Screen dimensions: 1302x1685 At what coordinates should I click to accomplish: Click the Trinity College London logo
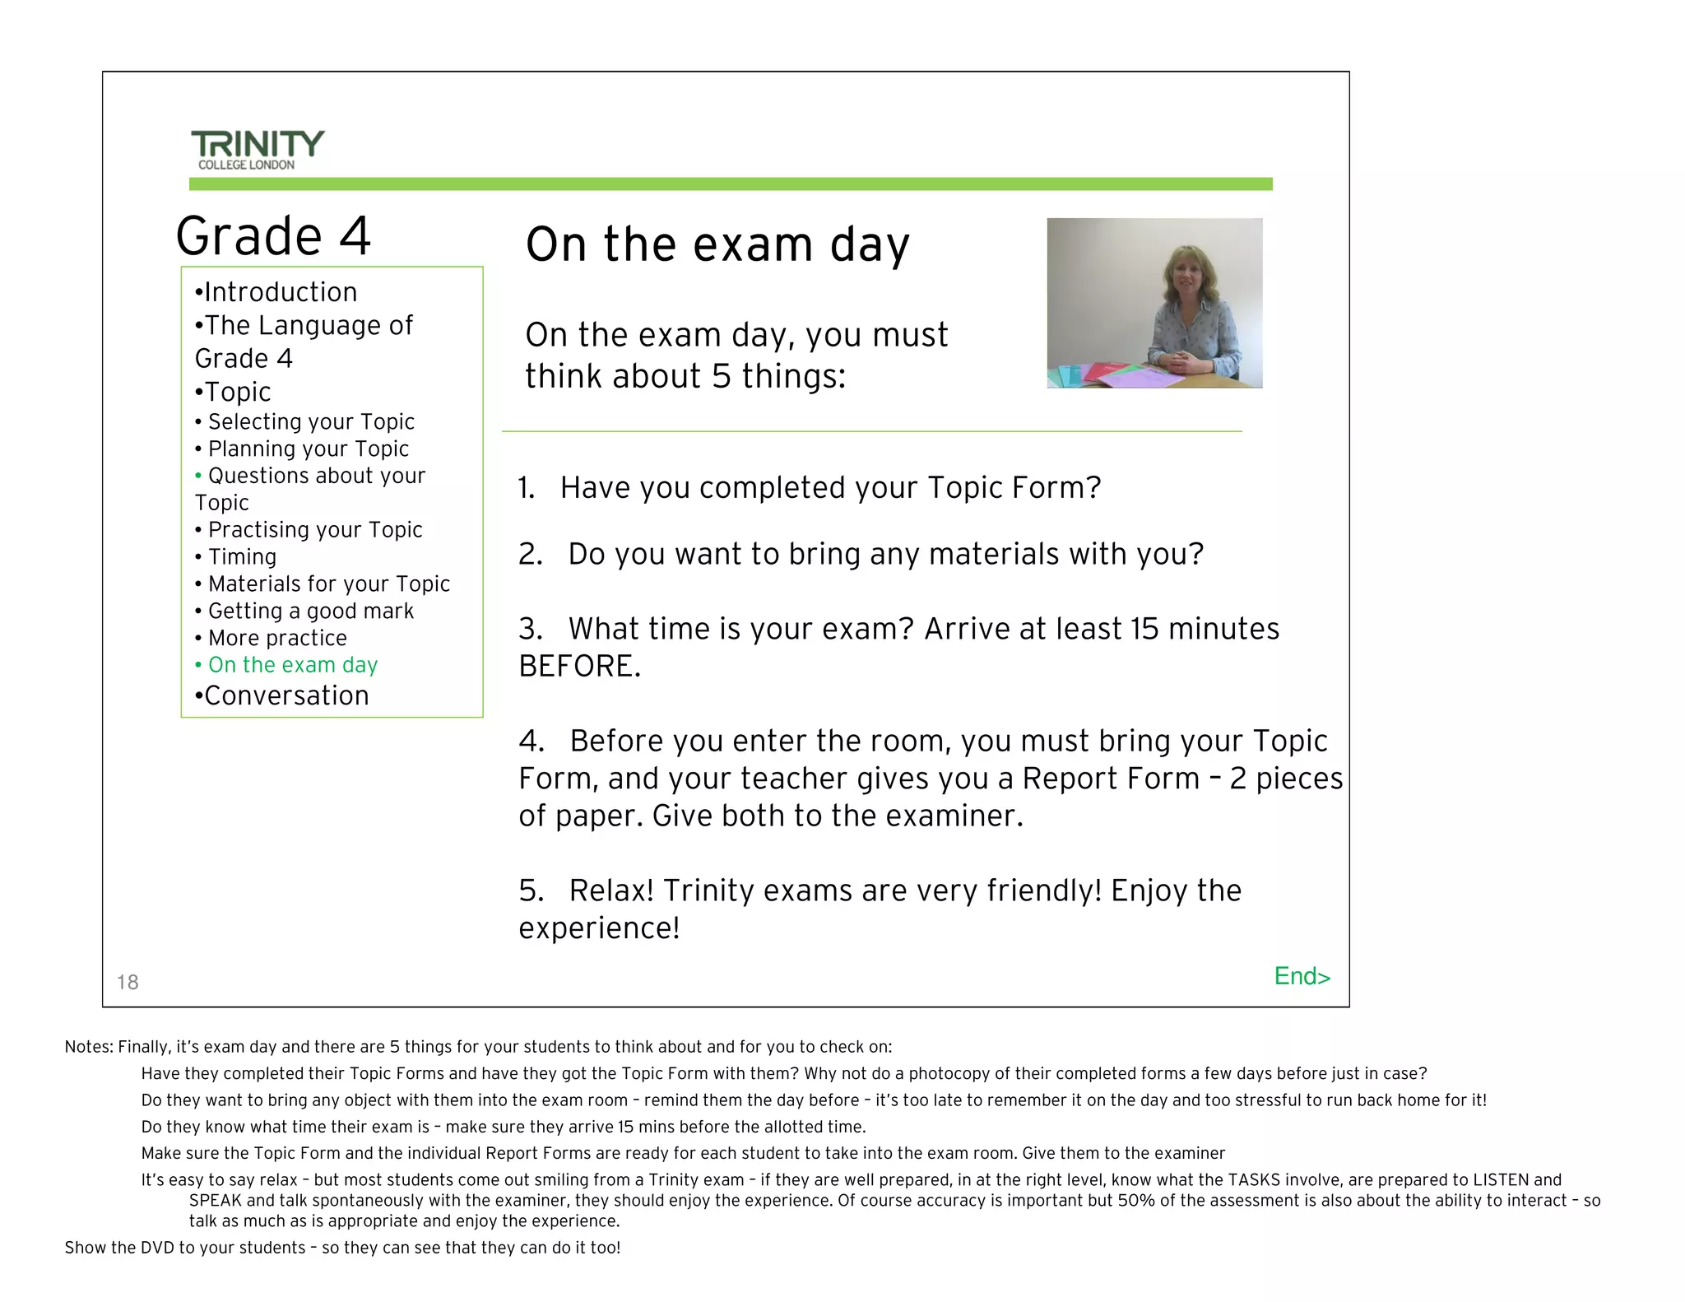pos(258,149)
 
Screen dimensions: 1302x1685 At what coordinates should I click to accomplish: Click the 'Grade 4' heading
pos(273,236)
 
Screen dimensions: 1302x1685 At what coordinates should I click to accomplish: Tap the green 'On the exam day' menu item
pos(292,665)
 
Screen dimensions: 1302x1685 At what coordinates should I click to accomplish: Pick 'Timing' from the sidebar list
pos(242,557)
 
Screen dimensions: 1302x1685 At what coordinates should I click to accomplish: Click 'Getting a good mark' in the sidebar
pos(310,611)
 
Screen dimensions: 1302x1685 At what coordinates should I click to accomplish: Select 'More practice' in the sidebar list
pos(277,639)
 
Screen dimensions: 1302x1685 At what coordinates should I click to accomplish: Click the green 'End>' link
pos(1302,976)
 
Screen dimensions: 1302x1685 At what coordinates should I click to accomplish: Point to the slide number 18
pos(128,982)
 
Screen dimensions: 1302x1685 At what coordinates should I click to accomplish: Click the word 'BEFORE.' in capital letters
pos(579,667)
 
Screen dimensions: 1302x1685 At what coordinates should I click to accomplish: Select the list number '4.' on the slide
pos(531,742)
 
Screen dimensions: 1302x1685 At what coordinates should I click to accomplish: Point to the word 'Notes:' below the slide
pos(89,1048)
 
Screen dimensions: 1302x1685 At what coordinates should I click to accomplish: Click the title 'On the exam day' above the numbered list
pos(717,245)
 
